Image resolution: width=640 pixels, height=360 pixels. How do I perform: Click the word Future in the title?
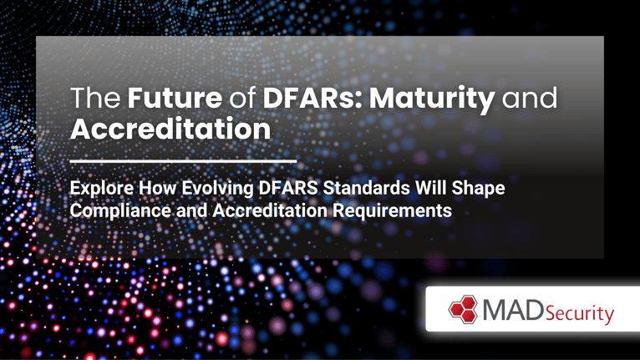coord(175,98)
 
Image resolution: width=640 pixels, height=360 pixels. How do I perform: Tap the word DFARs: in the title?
coord(312,98)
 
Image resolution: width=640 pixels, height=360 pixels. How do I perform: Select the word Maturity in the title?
coord(432,100)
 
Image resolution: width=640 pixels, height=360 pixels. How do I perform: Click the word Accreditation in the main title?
coord(170,129)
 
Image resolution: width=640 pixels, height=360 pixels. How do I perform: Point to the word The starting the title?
coord(95,98)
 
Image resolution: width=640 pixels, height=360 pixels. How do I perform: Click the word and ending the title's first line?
coord(530,98)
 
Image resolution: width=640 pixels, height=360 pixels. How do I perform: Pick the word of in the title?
coord(242,98)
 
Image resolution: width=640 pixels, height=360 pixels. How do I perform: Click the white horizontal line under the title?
coord(183,162)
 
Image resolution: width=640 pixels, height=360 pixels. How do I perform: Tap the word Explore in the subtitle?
coord(102,189)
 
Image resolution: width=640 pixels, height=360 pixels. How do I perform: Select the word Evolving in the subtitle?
coord(217,189)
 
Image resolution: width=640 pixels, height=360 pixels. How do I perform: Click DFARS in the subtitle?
coord(288,188)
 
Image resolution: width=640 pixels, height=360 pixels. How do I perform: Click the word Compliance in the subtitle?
coord(120,211)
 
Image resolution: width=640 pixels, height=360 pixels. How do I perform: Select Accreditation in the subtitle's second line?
coord(269,210)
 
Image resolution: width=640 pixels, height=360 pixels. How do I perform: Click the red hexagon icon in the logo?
coord(463,309)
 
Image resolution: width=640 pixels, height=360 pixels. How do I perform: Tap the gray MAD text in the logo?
coord(513,310)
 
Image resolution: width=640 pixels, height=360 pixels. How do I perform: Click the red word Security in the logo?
coord(580,314)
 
